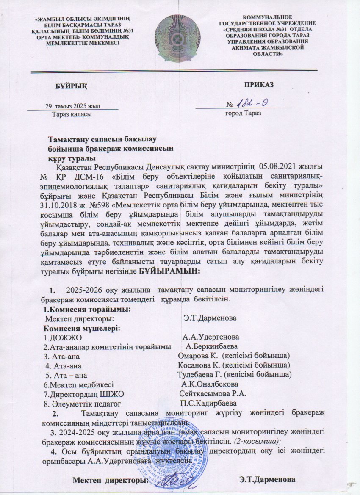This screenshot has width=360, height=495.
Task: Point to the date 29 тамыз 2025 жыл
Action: pos(73,106)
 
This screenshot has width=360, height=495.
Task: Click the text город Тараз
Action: pos(243,113)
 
